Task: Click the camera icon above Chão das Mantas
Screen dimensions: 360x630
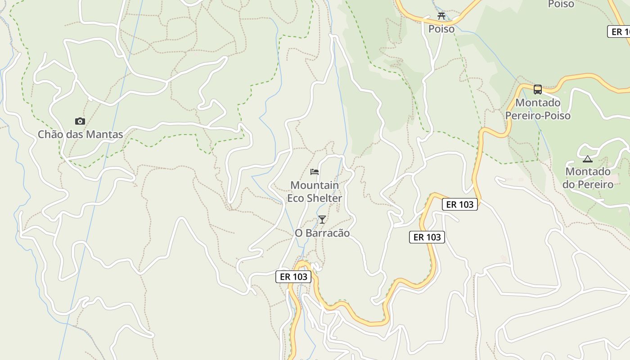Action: [x=80, y=121]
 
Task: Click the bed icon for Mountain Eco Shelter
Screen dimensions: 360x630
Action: [x=315, y=171]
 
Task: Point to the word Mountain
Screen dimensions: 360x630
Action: [x=315, y=185]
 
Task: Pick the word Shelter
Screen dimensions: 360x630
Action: [x=325, y=198]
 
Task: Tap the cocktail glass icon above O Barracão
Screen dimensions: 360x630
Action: [x=322, y=219]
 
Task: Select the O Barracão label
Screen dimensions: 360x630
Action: [x=322, y=233]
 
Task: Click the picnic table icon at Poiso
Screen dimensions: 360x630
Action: [x=441, y=16]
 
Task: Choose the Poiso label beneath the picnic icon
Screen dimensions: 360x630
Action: [x=441, y=29]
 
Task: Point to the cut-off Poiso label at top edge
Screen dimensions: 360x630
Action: [x=561, y=4]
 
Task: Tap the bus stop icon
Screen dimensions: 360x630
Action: [x=538, y=89]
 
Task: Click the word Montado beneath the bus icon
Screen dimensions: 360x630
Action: [x=538, y=103]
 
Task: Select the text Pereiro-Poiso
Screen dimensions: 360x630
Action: [x=538, y=116]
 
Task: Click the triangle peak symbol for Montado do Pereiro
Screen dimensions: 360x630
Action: [x=588, y=159]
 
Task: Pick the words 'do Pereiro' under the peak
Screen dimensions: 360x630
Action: [x=588, y=184]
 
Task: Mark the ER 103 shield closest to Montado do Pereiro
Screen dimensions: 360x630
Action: [x=460, y=204]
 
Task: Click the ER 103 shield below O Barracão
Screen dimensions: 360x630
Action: [x=293, y=277]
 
